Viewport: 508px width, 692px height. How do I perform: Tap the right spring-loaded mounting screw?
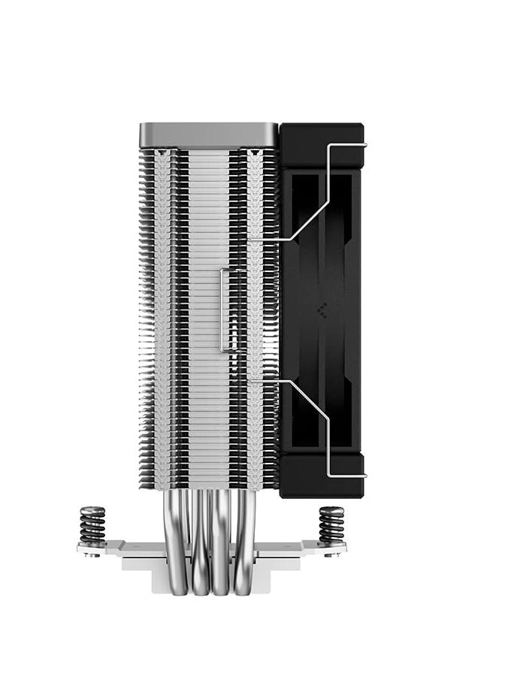pos(331,524)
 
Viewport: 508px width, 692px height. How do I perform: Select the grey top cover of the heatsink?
pos(208,135)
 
